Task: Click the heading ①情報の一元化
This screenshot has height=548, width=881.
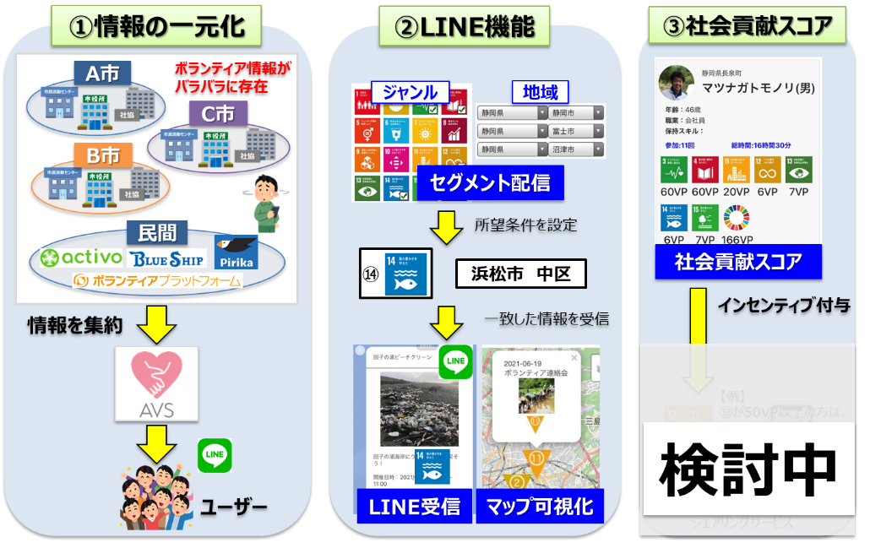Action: (158, 26)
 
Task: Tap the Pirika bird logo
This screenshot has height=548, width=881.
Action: (236, 252)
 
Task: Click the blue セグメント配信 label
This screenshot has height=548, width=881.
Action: (489, 182)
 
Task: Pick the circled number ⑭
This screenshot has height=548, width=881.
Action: (373, 274)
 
